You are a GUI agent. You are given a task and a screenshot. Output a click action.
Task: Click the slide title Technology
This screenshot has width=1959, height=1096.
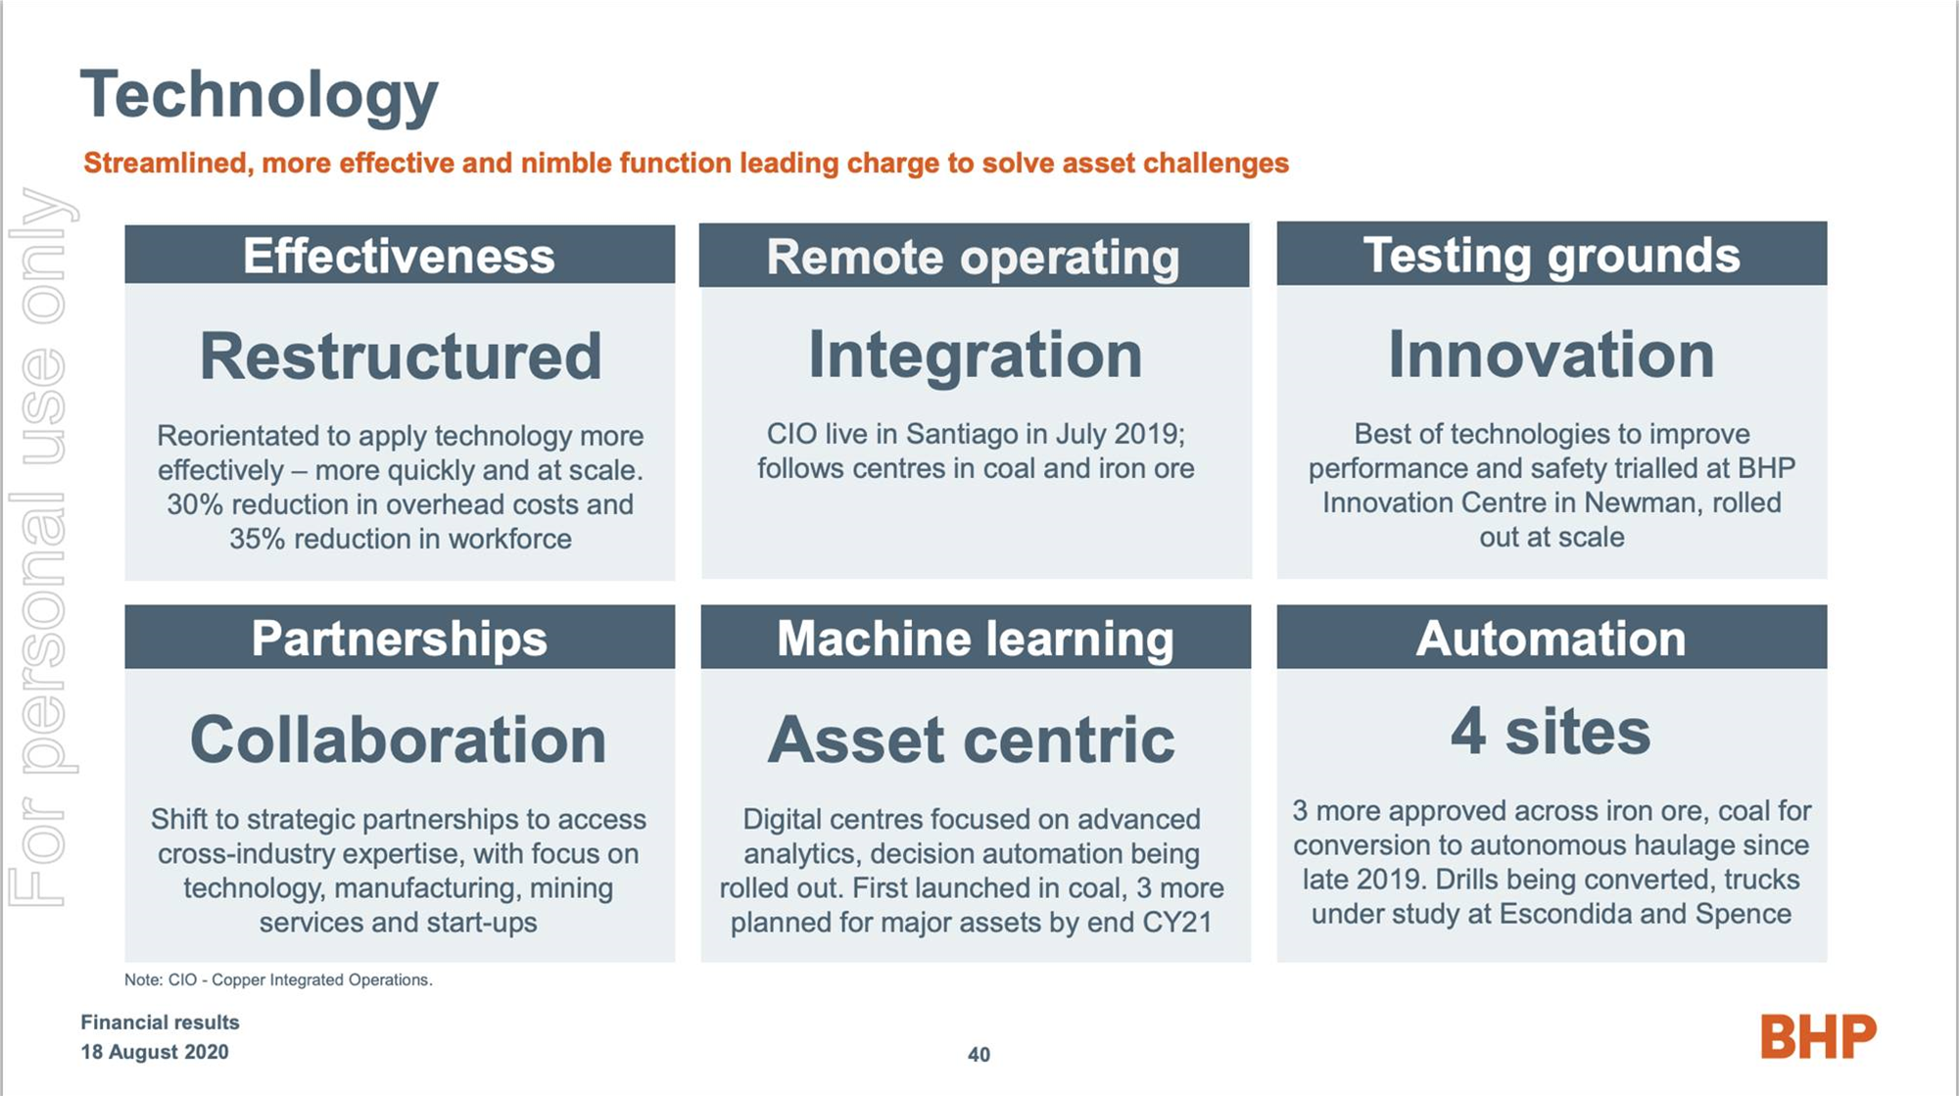pyautogui.click(x=260, y=96)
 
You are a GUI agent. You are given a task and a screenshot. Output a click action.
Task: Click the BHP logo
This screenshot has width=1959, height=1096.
pyautogui.click(x=1818, y=1036)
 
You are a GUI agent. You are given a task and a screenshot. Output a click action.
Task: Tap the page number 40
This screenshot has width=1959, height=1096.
pyautogui.click(x=979, y=1055)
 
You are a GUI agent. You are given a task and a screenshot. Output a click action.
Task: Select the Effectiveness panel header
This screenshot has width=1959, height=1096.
pyautogui.click(x=400, y=255)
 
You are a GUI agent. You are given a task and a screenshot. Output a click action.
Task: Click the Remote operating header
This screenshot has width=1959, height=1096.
pyautogui.click(x=975, y=256)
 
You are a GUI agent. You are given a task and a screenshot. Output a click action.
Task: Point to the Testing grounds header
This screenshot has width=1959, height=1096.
pyautogui.click(x=1552, y=254)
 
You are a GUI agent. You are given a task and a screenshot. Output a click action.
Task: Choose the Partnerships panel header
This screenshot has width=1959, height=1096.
pyautogui.click(x=400, y=637)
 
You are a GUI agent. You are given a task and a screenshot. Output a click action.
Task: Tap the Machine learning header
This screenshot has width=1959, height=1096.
pyautogui.click(x=976, y=637)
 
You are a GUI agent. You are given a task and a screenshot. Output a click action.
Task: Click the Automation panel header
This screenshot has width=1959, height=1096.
pyautogui.click(x=1552, y=637)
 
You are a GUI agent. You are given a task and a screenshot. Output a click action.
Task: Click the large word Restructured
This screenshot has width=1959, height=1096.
pyautogui.click(x=401, y=356)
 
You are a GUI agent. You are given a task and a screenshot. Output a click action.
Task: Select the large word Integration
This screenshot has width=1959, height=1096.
pyautogui.click(x=976, y=356)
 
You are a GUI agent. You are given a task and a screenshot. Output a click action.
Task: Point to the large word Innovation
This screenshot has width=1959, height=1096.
pyautogui.click(x=1552, y=354)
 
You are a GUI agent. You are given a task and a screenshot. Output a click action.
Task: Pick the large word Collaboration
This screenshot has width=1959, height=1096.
pyautogui.click(x=399, y=739)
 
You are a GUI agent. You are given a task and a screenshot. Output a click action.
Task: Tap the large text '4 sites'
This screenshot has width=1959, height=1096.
pyautogui.click(x=1551, y=732)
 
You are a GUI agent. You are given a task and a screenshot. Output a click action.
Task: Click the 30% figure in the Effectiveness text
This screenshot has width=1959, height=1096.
pyautogui.click(x=195, y=504)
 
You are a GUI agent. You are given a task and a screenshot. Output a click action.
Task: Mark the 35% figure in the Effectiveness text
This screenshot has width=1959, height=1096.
pyautogui.click(x=258, y=539)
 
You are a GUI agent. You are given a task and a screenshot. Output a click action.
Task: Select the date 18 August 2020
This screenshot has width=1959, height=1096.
pyautogui.click(x=155, y=1052)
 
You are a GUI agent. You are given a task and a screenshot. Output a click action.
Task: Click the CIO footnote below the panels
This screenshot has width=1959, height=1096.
pyautogui.click(x=278, y=979)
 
